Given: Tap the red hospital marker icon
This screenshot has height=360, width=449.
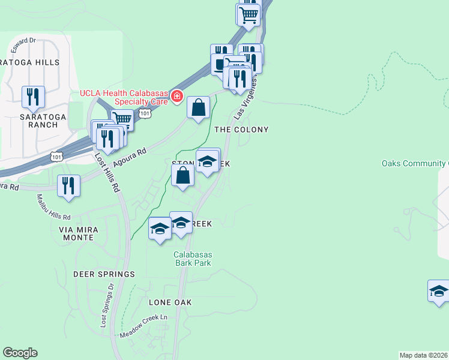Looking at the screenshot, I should coord(177,97).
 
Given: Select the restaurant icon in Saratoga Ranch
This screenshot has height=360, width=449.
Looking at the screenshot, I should coord(33,97).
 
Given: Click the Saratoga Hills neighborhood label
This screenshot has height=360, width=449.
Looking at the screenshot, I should coord(30,62).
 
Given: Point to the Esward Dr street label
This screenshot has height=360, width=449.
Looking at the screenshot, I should coord(24,41).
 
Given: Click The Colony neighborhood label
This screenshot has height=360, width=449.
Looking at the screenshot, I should coord(241,130).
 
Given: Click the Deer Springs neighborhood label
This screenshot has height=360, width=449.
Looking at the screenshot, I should coord(104,274).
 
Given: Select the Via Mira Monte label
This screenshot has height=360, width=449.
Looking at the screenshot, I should coord(76,233).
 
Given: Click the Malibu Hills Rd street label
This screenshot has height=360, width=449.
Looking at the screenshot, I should coord(53,207).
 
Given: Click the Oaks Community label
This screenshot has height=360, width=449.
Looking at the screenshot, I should coord(415,164).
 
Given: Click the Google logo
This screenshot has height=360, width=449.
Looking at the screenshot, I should coord(20,353).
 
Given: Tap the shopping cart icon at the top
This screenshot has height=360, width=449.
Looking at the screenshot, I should coord(248,14).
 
